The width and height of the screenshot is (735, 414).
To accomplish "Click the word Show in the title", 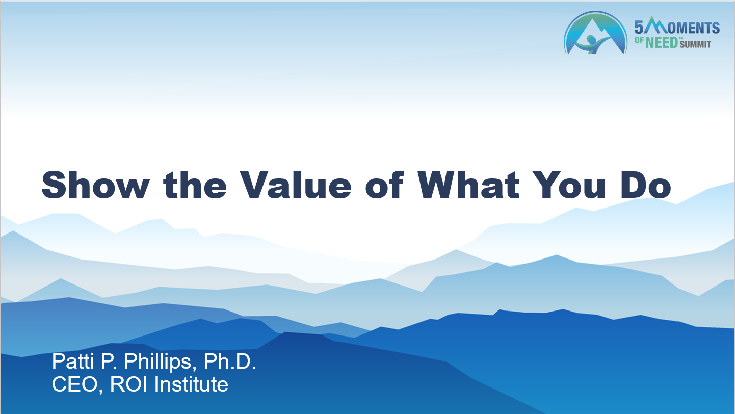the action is (x=95, y=185).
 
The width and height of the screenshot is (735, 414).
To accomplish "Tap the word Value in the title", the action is (x=296, y=185).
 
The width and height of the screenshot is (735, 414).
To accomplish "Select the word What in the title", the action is (x=468, y=185).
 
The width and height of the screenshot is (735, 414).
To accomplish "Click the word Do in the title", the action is (x=646, y=185).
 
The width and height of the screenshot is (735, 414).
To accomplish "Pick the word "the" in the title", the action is (x=195, y=185).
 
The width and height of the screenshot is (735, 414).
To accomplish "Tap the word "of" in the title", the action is (x=384, y=185).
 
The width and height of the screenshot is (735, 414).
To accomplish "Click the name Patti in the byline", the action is (x=73, y=361).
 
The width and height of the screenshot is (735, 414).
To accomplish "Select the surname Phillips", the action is (x=161, y=363).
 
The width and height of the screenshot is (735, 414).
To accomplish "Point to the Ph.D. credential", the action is (x=230, y=361).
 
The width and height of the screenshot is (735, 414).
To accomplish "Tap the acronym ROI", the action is (x=128, y=384).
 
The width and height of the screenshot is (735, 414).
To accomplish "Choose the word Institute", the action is (x=191, y=384).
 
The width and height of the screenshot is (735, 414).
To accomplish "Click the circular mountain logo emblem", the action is (x=595, y=33).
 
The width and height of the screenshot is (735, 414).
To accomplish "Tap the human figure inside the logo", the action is (x=592, y=44).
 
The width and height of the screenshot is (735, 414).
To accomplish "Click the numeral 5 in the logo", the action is (x=639, y=28).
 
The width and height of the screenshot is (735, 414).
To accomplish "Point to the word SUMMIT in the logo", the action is (x=695, y=44).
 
